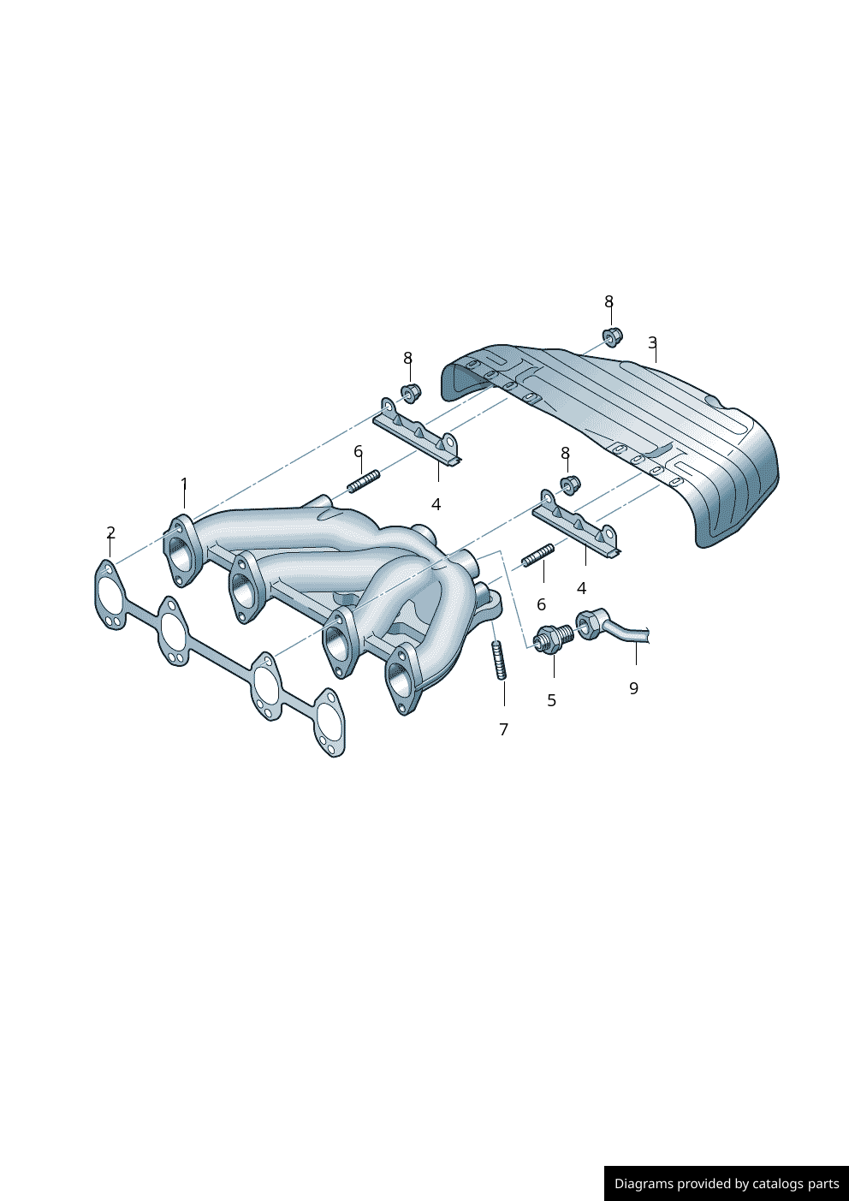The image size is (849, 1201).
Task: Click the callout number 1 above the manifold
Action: [x=184, y=485]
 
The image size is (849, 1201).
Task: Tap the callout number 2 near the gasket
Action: [x=111, y=532]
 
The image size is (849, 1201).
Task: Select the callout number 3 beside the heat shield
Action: [x=652, y=342]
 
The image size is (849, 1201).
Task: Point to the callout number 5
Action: [x=551, y=700]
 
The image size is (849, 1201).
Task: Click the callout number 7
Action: [x=503, y=729]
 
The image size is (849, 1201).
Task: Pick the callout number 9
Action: [x=633, y=688]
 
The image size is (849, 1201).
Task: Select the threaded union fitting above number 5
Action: [x=553, y=639]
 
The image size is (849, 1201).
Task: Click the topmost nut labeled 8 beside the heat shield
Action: [x=613, y=336]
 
